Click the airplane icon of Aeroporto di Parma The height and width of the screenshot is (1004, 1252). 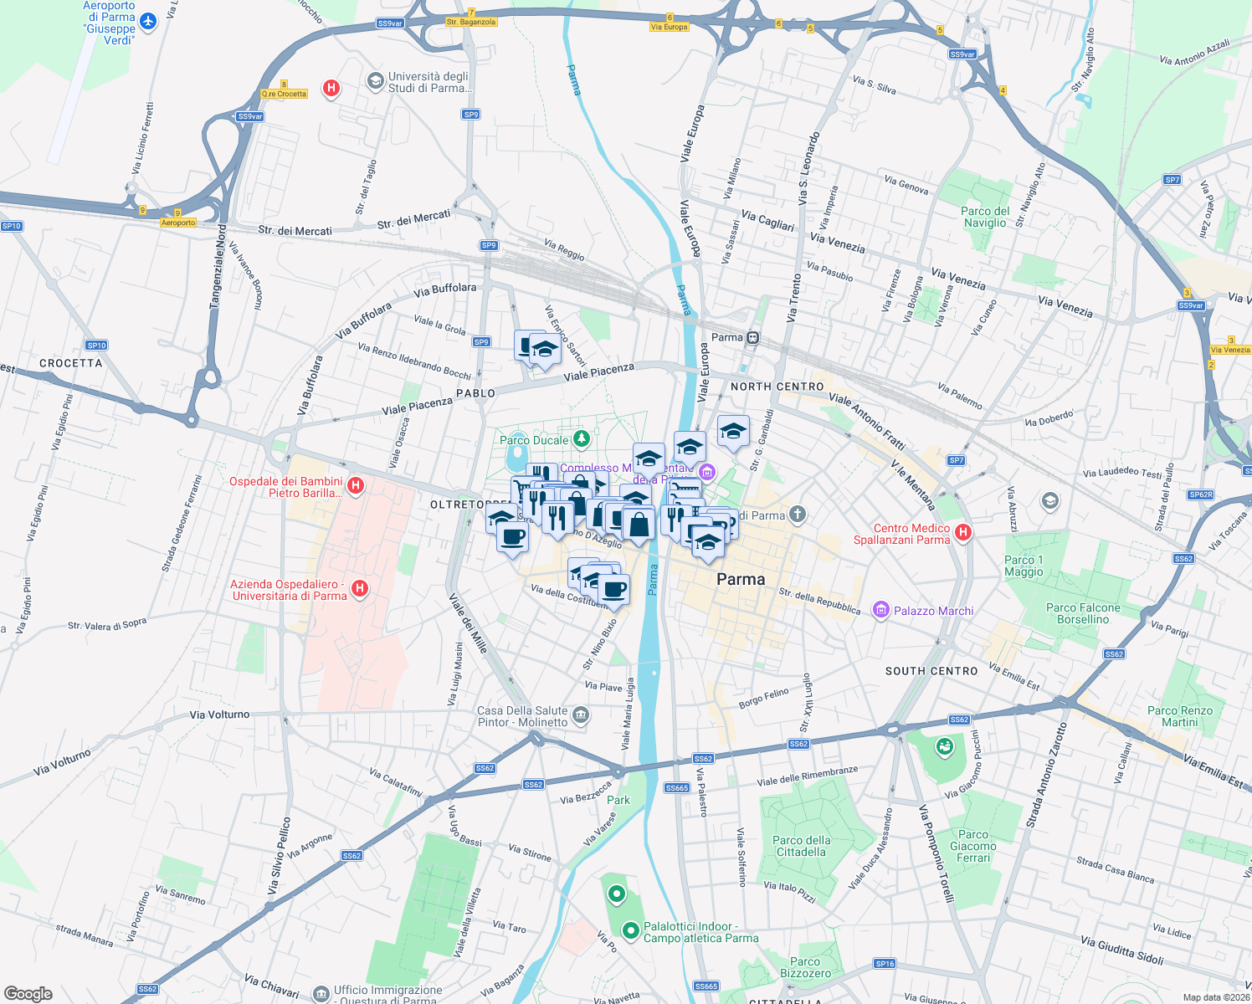148,21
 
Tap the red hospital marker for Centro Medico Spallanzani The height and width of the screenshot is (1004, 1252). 962,532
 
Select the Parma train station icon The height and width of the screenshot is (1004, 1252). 753,337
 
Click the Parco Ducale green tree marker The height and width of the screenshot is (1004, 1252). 581,439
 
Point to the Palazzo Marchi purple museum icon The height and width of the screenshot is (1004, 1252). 880,611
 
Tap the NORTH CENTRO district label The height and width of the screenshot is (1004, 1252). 777,387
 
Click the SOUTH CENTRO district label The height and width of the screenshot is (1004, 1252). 931,671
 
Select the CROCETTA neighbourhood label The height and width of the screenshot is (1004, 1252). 71,363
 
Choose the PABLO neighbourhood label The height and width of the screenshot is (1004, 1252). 475,393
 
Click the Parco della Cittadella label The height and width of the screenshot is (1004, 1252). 801,846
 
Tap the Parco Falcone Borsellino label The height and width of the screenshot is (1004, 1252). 1083,613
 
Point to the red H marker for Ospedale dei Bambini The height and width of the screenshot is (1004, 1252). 356,485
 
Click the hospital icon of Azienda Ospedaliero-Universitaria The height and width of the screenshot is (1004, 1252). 360,588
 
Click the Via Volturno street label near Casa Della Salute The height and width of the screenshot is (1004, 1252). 219,715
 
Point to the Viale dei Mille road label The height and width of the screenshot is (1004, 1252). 468,623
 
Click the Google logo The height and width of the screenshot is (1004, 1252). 28,994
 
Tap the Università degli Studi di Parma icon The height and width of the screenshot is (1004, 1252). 375,81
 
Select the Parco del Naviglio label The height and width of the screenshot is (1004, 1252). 985,217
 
